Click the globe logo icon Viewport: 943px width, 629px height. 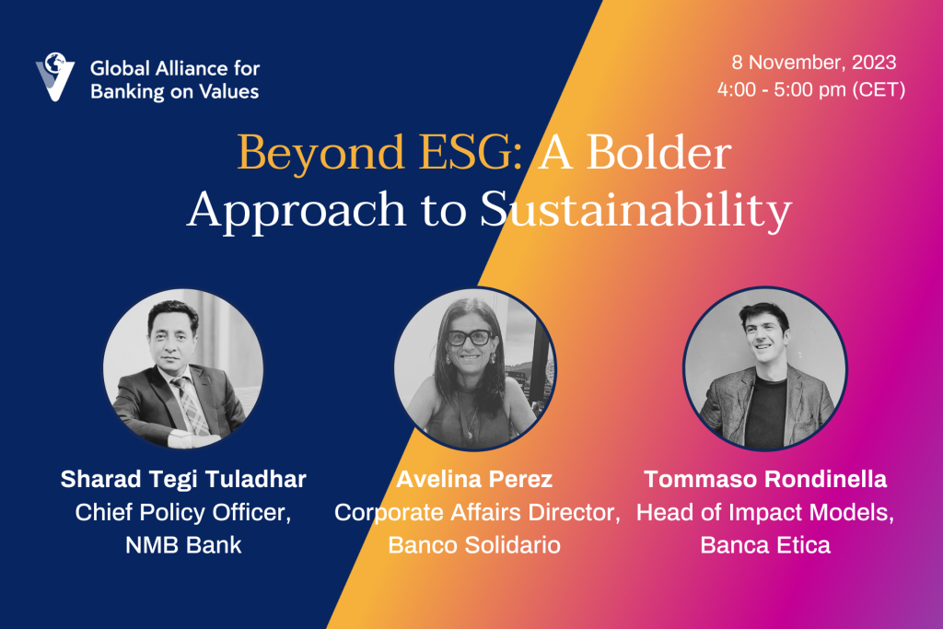pyautogui.click(x=54, y=76)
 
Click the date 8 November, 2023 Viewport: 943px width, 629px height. pyautogui.click(x=814, y=63)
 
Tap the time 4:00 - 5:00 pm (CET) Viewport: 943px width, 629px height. pyautogui.click(x=811, y=89)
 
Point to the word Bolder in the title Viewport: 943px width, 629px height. pyautogui.click(x=658, y=152)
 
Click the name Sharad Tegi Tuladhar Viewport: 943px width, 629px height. pyautogui.click(x=183, y=479)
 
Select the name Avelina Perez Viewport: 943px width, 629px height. pyautogui.click(x=474, y=479)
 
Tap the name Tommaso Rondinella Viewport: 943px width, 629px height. pyautogui.click(x=765, y=479)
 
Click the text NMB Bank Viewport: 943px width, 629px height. pyautogui.click(x=183, y=545)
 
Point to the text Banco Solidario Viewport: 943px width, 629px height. pyautogui.click(x=474, y=545)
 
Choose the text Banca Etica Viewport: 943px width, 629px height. pyautogui.click(x=765, y=545)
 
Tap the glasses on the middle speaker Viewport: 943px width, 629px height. pyautogui.click(x=469, y=337)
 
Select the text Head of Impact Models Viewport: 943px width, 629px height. pyautogui.click(x=765, y=512)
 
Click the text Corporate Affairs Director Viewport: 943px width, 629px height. pyautogui.click(x=477, y=512)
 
